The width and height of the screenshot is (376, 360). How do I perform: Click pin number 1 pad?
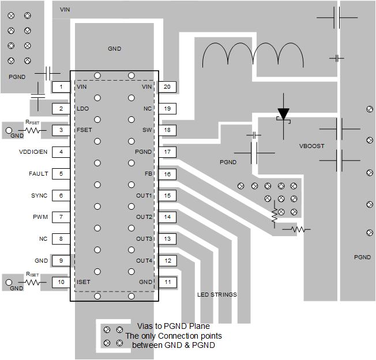[61, 87]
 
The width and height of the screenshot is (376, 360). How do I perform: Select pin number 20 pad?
[167, 87]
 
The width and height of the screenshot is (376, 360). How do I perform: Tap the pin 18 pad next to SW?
[167, 130]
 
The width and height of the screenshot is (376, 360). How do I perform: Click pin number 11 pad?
[167, 282]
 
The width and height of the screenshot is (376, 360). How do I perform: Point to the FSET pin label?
[84, 130]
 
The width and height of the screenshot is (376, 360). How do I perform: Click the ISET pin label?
[84, 282]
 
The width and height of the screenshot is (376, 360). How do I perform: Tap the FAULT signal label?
[38, 173]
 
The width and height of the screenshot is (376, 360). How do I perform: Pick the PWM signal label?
[40, 217]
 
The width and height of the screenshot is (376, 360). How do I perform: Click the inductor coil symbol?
[253, 55]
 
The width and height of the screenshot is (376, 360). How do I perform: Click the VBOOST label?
[311, 146]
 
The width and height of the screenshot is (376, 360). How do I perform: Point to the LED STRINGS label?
[217, 295]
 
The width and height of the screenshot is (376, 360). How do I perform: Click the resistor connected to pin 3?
[32, 131]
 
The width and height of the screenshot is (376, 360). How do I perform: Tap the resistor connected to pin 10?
[32, 283]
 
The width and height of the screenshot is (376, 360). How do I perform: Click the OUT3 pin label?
[144, 239]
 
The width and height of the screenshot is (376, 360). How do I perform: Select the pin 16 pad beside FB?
[167, 174]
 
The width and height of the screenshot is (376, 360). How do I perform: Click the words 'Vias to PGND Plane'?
[174, 326]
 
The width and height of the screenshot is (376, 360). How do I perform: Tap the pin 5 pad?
[61, 173]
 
